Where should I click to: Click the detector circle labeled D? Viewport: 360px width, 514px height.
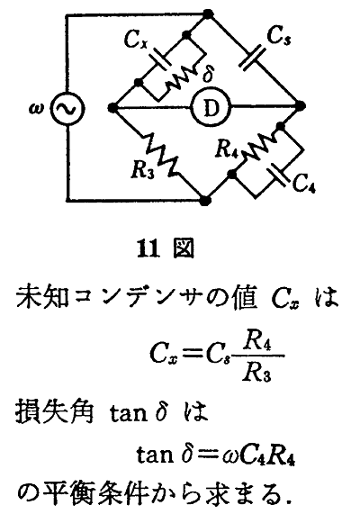pos(211,107)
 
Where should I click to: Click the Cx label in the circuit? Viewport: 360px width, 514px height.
pos(135,40)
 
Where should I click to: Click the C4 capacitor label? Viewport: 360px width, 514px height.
pos(303,182)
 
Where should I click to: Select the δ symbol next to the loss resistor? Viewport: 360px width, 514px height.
pos(208,74)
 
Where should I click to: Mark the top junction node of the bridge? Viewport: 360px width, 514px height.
pos(208,14)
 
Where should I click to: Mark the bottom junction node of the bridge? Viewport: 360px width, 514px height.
pos(205,201)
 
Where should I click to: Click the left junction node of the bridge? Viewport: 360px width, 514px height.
pos(112,107)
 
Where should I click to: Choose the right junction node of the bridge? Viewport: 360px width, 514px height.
pos(300,106)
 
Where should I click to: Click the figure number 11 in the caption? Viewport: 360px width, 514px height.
pos(148,248)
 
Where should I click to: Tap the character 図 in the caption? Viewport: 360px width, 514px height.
pos(184,248)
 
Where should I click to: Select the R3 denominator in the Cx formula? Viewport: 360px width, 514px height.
pos(257,373)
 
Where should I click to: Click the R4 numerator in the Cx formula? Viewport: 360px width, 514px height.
pos(257,343)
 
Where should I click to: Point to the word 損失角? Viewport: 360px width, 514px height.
pos(55,410)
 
